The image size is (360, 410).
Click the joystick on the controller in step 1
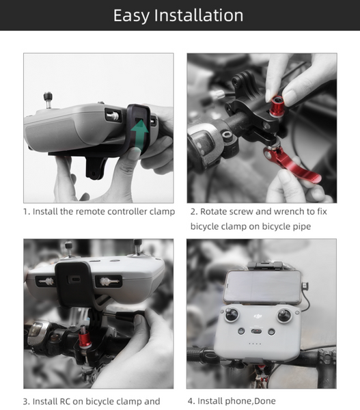tap(48, 98)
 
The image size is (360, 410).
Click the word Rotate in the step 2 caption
tap(215, 212)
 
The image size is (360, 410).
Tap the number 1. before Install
tap(27, 212)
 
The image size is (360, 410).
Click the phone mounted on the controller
tap(260, 285)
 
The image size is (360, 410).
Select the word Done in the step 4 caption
tap(264, 401)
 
